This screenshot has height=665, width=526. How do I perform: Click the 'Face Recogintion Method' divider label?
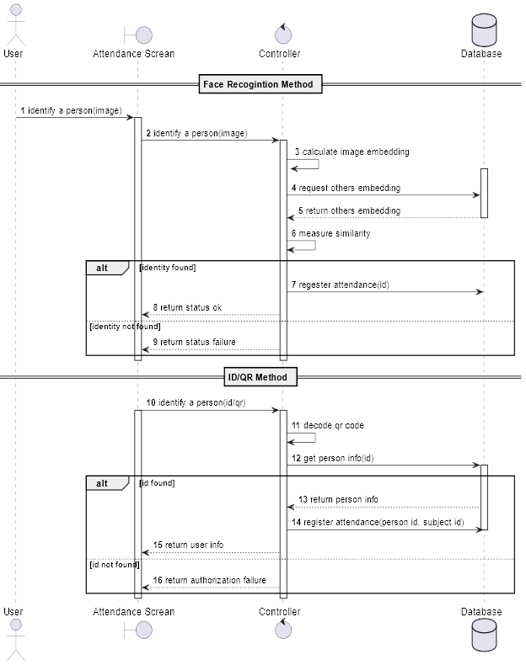click(x=258, y=84)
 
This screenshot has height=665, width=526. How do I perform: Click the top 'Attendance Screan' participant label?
click(x=133, y=54)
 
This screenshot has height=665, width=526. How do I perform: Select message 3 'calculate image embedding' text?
click(x=352, y=152)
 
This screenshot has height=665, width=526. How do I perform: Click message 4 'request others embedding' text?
click(x=346, y=188)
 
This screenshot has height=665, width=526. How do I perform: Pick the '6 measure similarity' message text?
click(x=330, y=233)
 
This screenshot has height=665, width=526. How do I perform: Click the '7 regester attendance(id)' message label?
click(x=341, y=285)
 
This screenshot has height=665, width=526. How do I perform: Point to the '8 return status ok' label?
click(x=187, y=308)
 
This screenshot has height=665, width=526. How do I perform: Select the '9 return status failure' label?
click(x=194, y=342)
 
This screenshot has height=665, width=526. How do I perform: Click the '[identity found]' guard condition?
click(x=167, y=268)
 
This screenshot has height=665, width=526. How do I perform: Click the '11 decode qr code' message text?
click(x=328, y=426)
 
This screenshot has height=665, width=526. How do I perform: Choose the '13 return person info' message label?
click(x=338, y=499)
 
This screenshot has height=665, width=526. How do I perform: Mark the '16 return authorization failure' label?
click(x=209, y=580)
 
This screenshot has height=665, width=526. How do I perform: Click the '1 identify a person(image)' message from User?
click(x=72, y=110)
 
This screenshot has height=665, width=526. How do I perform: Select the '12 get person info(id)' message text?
click(x=333, y=458)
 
